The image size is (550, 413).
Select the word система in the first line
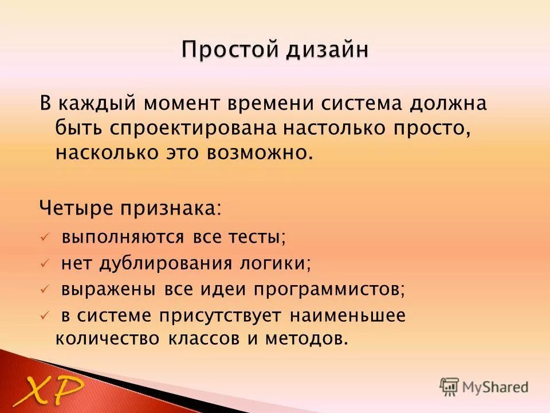point(357,105)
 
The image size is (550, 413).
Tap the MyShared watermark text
point(494,387)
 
